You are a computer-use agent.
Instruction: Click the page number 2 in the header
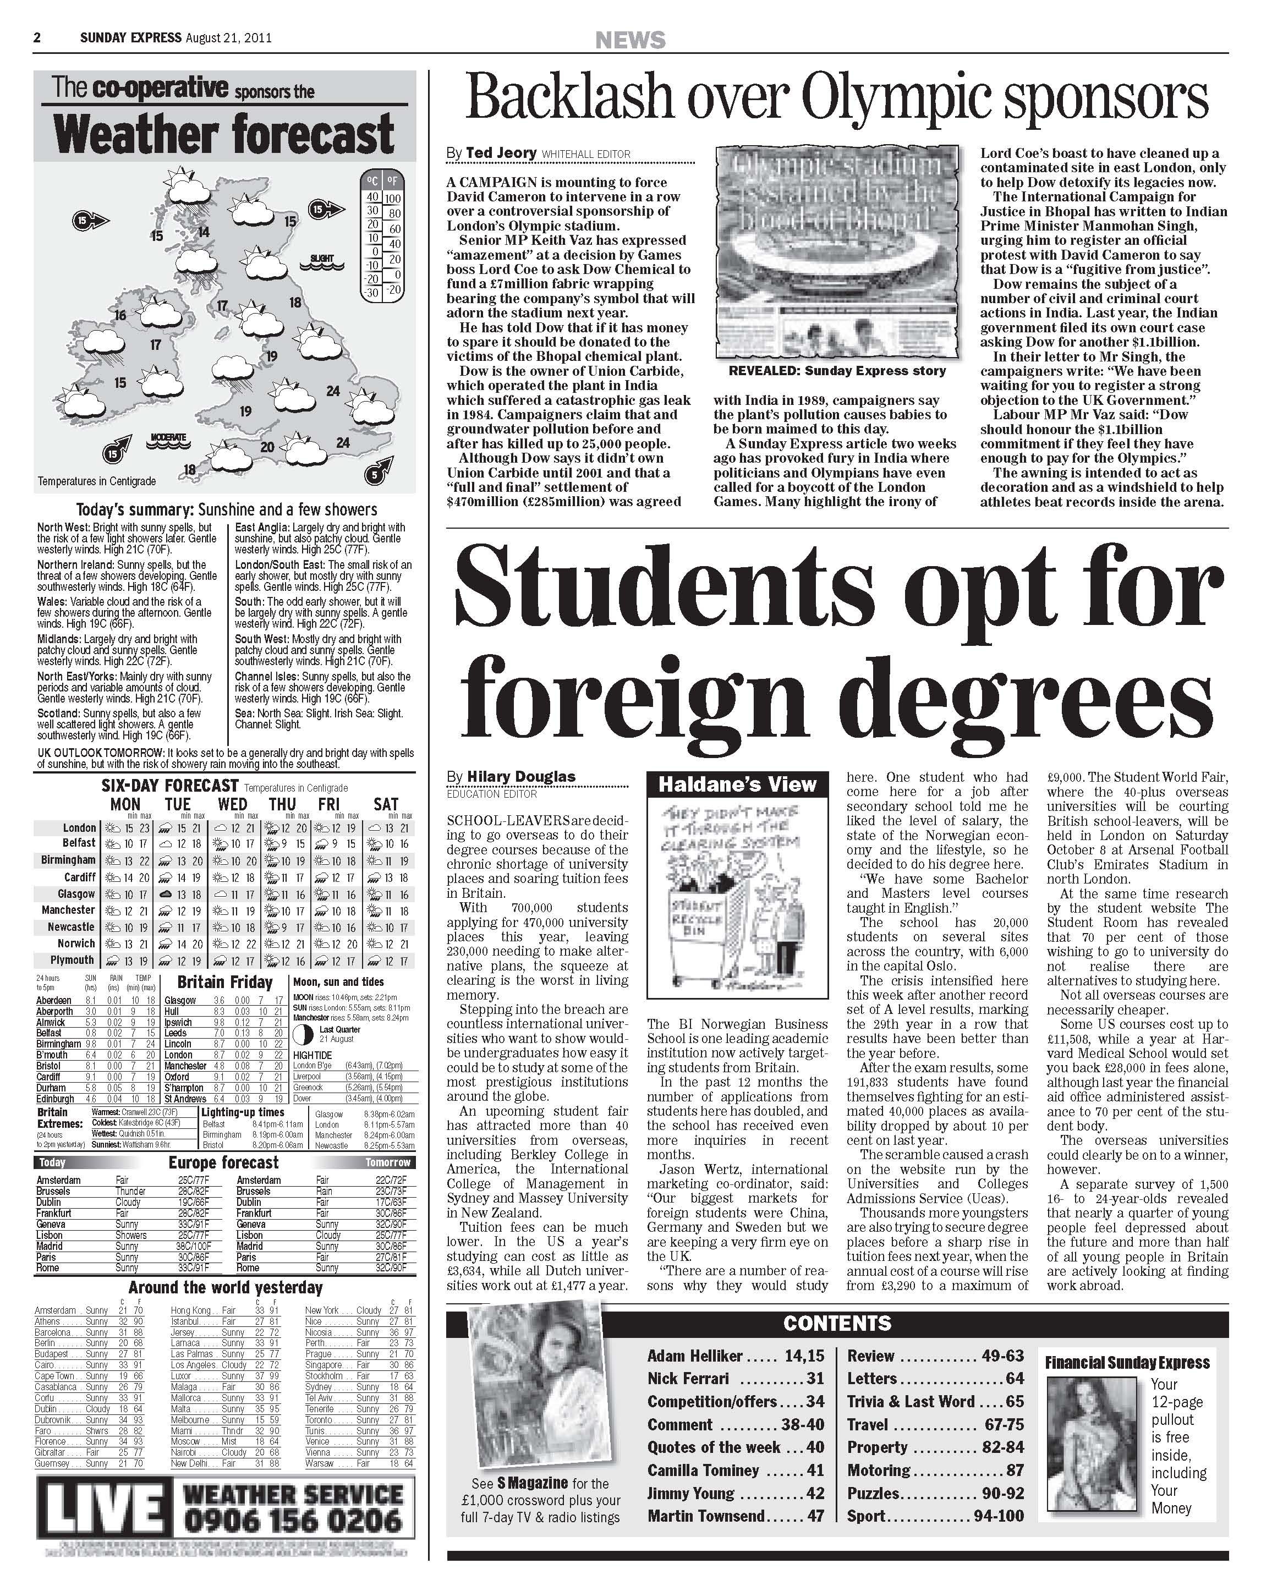point(37,37)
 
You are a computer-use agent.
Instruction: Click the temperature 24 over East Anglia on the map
point(333,391)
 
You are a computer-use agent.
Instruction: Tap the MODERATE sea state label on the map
point(169,437)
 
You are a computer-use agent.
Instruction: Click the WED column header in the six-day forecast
point(232,804)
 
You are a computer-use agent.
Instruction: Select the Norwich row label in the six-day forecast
point(76,943)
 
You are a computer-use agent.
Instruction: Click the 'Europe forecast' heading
point(223,1162)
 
